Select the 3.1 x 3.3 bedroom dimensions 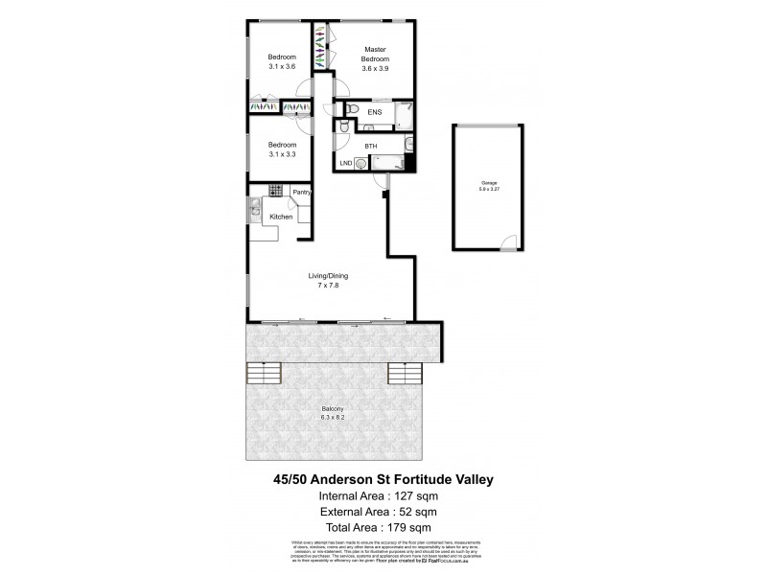coord(282,154)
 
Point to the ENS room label coord(374,112)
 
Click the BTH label coord(371,146)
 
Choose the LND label coord(346,163)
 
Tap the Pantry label coord(300,193)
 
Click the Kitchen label coord(281,217)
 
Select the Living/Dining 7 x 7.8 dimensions coord(327,286)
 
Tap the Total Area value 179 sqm coord(407,528)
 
